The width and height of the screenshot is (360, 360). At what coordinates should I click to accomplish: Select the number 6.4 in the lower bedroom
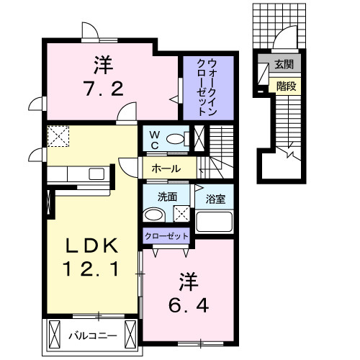(190, 305)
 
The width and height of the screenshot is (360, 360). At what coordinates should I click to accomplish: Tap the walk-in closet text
(207, 89)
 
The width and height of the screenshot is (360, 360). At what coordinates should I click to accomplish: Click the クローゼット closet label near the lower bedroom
(166, 235)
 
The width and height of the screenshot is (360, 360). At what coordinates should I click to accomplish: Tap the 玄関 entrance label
(283, 65)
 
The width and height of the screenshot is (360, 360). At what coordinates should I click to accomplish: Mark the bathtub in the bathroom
(216, 220)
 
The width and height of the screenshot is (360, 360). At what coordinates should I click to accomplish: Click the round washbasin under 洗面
(152, 215)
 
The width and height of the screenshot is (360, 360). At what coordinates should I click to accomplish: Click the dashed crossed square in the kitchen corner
(58, 135)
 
